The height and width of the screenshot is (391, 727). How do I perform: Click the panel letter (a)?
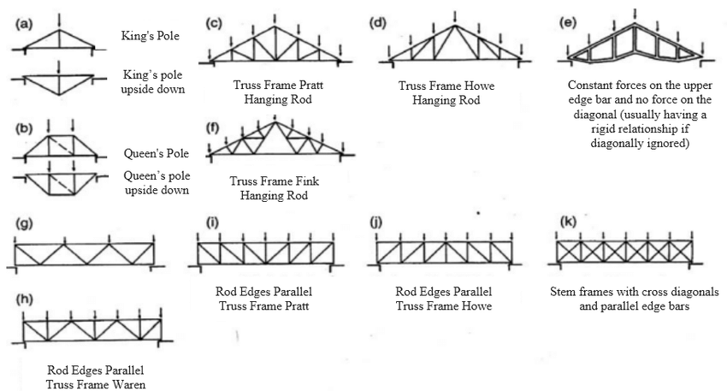click(25, 24)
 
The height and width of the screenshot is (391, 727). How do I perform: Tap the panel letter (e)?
click(569, 22)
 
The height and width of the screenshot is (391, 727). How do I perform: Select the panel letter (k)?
click(568, 222)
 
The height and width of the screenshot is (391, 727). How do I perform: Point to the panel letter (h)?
click(25, 299)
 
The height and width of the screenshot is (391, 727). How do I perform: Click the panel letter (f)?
click(212, 127)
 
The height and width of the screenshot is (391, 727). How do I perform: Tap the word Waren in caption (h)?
click(124, 384)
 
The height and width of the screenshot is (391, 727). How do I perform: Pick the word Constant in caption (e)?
click(589, 86)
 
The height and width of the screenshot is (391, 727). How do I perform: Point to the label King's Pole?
click(151, 36)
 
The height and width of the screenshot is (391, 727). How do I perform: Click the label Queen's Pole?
click(157, 153)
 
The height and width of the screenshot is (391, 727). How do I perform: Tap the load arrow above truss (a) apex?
click(59, 21)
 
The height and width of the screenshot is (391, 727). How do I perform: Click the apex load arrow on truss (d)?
click(455, 17)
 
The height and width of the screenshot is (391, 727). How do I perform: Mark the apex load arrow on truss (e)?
click(635, 15)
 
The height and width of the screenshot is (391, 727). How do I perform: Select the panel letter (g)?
click(24, 223)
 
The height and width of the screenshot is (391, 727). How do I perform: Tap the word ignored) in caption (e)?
click(669, 143)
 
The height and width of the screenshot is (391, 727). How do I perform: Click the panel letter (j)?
click(376, 222)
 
